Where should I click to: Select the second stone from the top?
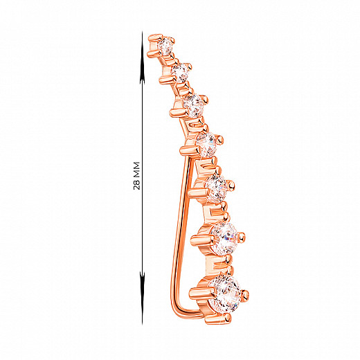coord(180,72)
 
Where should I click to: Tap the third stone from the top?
coord(193,105)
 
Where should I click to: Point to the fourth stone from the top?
coord(206,143)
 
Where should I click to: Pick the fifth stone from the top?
coord(217,188)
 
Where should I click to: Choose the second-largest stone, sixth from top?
coord(224,238)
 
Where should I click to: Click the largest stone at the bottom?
coord(225,293)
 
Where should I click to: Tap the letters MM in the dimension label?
coord(136,170)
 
